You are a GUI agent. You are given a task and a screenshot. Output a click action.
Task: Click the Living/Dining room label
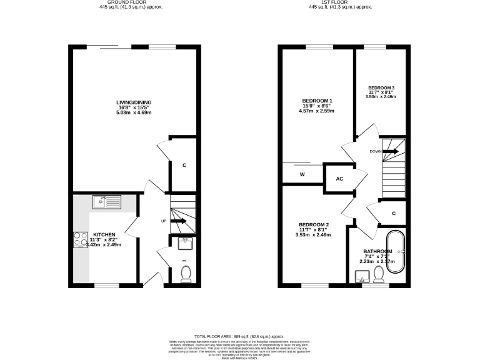click(x=134, y=102)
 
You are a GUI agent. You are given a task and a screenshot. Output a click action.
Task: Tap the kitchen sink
click(x=106, y=201)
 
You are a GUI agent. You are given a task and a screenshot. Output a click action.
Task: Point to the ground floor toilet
click(x=186, y=274)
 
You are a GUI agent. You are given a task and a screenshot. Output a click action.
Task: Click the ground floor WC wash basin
click(x=185, y=242)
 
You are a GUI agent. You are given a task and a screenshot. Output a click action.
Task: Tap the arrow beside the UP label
click(x=178, y=221)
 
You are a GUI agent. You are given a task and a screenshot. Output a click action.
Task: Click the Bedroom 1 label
click(x=317, y=101)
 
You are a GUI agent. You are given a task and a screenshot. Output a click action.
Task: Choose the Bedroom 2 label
click(x=313, y=224)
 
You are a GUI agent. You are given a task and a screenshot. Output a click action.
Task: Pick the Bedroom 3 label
click(x=381, y=87)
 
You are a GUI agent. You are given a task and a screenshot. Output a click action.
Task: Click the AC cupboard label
click(x=340, y=179)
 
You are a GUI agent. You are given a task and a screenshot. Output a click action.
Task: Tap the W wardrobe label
click(x=302, y=175)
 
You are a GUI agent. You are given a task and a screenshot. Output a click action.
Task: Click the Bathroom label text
click(x=377, y=252)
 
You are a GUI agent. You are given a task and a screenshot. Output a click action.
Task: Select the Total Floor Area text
click(x=240, y=336)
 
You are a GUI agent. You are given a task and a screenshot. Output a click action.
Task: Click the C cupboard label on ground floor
click(x=184, y=166)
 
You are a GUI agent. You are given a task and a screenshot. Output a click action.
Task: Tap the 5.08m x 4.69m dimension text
click(x=134, y=114)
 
